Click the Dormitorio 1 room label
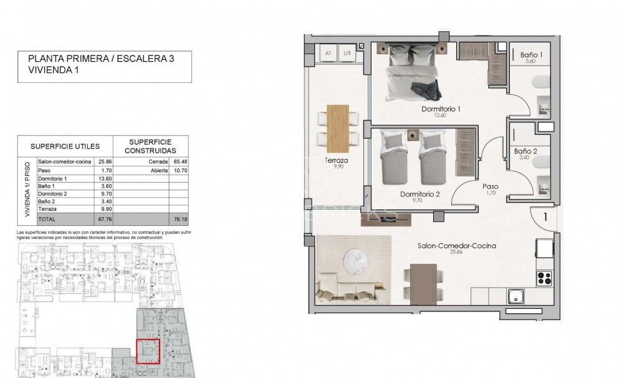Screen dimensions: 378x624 pos(441,109)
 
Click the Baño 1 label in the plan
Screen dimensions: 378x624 pos(531,55)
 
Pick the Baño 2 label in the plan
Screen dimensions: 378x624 pos(527,151)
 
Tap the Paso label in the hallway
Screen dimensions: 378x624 pos(490,186)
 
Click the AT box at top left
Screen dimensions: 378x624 pos(328,53)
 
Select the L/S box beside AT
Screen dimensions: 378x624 pos(347,53)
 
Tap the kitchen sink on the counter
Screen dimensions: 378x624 pos(516,296)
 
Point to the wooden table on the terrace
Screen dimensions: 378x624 pos(337,125)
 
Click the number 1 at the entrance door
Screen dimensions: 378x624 pos(545,218)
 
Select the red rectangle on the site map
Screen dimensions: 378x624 pos(148,351)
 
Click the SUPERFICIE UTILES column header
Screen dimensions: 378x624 pos(65,147)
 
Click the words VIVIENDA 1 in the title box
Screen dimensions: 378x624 pos(54,71)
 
